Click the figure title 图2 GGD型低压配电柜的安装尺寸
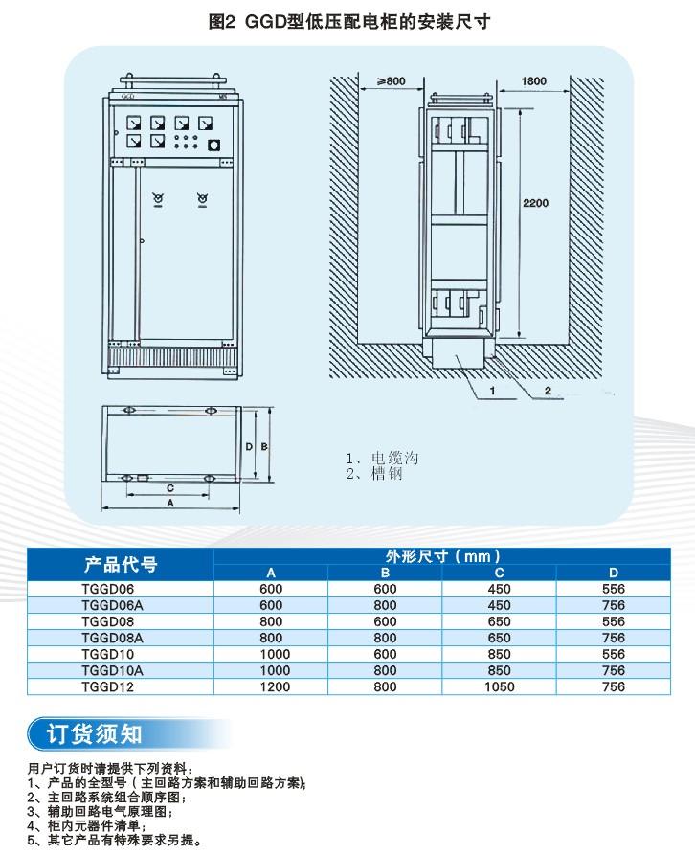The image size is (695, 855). pos(349,21)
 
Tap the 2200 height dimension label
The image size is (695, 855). pos(536,203)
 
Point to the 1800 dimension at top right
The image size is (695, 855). pos(534,80)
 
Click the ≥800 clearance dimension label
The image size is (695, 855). pos(391,80)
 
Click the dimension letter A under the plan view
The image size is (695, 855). pos(170,502)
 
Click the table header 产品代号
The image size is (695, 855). pos(121,564)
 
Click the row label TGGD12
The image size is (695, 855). pos(108,686)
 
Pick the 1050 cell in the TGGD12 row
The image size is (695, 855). pos(499,686)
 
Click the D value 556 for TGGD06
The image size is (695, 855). pos(614,590)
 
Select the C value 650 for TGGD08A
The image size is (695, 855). pos(500,638)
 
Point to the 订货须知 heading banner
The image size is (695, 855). pos(96,733)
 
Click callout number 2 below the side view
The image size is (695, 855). pos(547,392)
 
